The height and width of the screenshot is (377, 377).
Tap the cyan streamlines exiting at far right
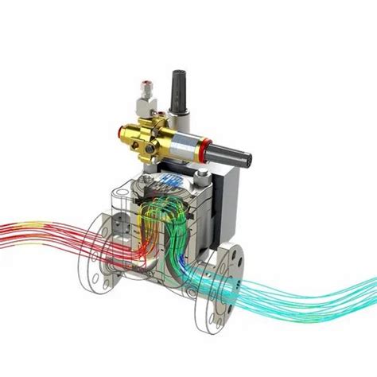(x=334, y=274)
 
